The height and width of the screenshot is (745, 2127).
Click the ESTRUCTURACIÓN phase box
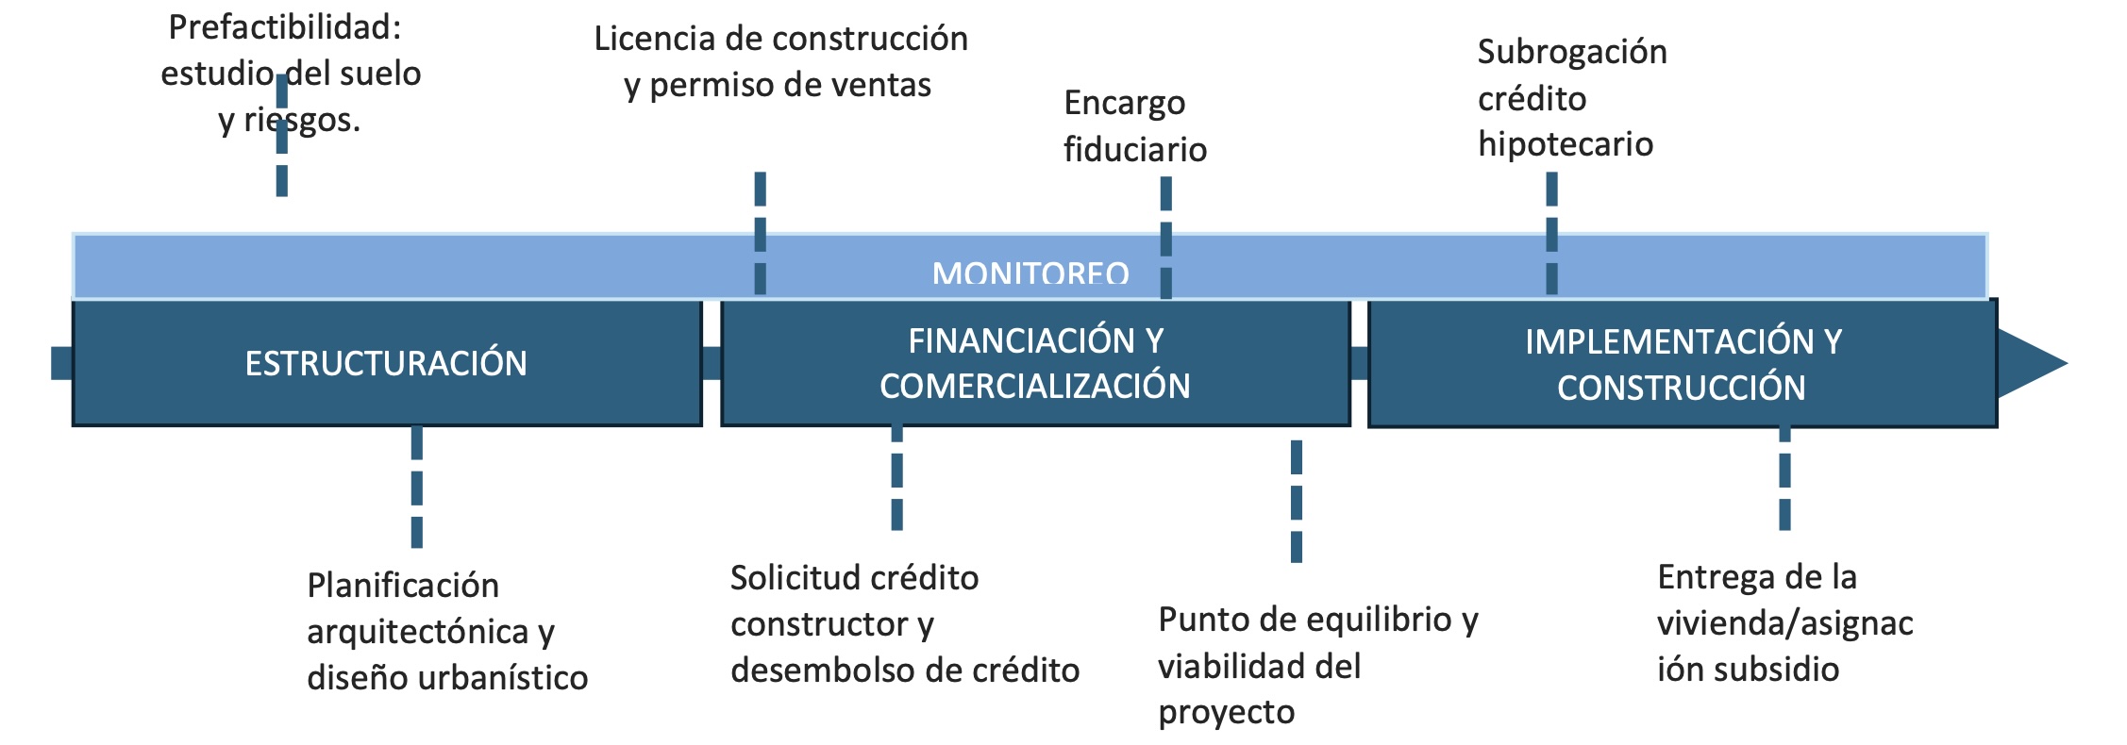(386, 363)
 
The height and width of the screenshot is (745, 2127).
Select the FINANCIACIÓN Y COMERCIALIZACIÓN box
(1035, 363)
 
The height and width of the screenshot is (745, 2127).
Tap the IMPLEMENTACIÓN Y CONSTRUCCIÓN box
(1682, 364)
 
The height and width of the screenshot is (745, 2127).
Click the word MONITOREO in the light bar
(1030, 273)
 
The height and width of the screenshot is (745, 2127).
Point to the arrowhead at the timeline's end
(2029, 363)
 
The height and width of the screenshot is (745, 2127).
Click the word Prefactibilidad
(284, 27)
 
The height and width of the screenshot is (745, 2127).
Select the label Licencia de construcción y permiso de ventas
(780, 61)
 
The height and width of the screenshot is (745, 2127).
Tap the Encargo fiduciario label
(1134, 125)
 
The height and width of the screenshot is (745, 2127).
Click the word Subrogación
(1571, 52)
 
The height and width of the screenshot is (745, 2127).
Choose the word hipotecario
(1565, 144)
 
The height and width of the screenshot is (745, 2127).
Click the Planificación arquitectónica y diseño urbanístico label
(446, 631)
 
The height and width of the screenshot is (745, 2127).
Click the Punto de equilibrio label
(1317, 620)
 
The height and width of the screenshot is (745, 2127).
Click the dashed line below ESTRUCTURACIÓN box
(416, 487)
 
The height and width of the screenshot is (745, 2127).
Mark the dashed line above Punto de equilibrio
(1296, 501)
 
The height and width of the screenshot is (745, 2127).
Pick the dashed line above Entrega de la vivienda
(1784, 477)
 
